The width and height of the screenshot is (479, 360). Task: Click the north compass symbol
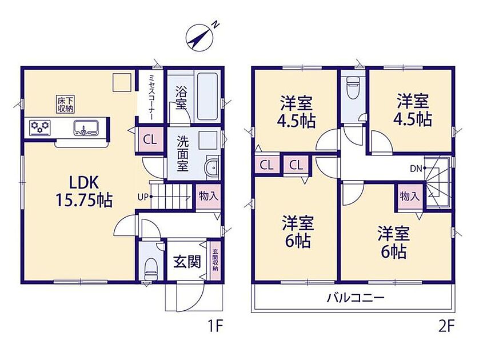click(201, 37)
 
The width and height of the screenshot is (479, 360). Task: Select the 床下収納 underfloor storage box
click(66, 104)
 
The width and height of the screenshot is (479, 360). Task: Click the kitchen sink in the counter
click(86, 127)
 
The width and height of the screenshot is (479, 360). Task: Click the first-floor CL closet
click(150, 140)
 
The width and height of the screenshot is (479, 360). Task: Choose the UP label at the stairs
click(143, 197)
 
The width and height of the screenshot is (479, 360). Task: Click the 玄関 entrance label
click(187, 261)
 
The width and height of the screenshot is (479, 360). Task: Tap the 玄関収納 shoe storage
click(215, 261)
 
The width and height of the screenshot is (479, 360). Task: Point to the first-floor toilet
click(151, 268)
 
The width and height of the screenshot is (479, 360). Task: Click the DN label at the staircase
click(416, 168)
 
